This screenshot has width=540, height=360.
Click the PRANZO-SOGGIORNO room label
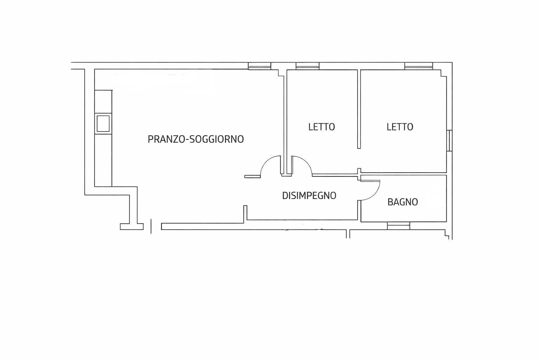(195, 139)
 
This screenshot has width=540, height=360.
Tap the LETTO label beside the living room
(321, 127)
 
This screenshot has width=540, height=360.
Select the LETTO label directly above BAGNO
(400, 127)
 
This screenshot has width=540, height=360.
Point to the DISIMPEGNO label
(309, 195)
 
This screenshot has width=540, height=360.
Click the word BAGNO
(403, 202)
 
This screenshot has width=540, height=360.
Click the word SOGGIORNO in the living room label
(217, 139)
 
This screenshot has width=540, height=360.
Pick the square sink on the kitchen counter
(103, 123)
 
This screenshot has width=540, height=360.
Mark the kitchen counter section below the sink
(103, 160)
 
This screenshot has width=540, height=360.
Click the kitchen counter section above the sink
(103, 102)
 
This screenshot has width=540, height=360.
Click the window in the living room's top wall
(259, 66)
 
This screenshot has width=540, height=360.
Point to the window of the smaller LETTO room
(307, 66)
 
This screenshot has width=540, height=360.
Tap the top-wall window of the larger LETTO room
(418, 66)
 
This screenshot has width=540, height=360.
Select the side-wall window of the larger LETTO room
(449, 141)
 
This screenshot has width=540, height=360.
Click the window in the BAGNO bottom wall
(398, 226)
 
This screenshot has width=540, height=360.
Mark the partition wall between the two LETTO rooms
(359, 109)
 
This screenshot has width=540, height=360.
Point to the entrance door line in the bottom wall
(151, 226)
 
